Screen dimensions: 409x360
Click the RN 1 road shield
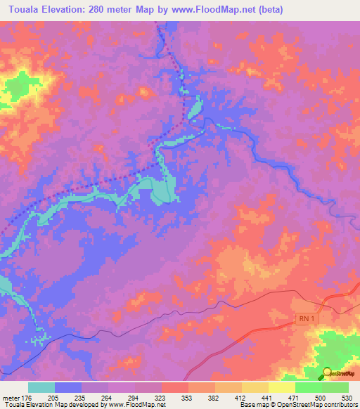(303, 319)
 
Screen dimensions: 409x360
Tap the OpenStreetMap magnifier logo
(327, 373)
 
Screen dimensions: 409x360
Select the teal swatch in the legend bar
(41, 387)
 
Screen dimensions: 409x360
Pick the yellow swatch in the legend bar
(281, 387)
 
